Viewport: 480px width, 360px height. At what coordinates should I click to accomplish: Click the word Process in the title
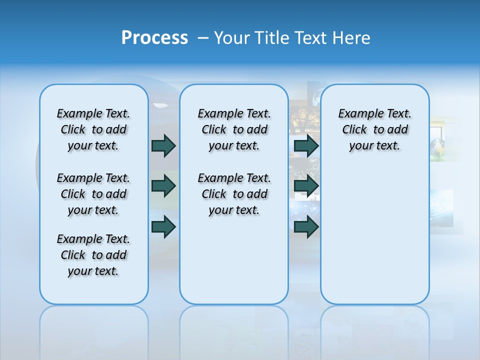[x=154, y=38]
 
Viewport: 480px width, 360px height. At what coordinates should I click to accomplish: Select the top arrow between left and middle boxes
[x=163, y=145]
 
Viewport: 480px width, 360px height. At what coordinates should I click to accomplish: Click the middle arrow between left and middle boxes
[x=163, y=186]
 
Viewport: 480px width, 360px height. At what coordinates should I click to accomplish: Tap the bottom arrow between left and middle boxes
[x=163, y=227]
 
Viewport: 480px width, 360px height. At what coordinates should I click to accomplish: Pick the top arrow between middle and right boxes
[x=306, y=145]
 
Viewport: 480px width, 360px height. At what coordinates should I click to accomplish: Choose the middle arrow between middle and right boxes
[x=306, y=186]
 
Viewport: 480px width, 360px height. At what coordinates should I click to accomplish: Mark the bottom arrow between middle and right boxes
[x=306, y=227]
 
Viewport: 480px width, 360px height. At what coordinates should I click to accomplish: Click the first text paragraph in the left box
[x=93, y=129]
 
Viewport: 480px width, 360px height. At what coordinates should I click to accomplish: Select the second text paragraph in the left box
[x=93, y=194]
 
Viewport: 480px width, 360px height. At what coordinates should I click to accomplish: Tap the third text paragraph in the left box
[x=93, y=255]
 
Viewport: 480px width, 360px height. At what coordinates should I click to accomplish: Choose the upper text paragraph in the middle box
[x=234, y=129]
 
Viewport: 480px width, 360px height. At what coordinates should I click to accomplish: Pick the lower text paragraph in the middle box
[x=234, y=194]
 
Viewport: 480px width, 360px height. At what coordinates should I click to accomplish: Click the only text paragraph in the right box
[x=374, y=129]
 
